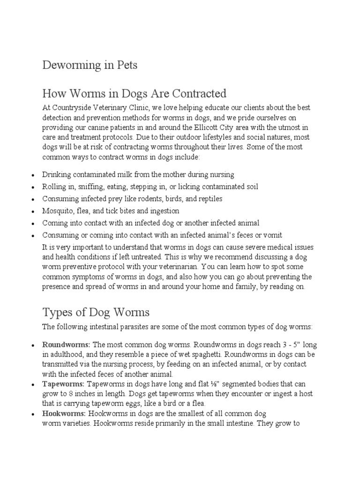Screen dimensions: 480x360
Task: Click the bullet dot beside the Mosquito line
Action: (x=32, y=211)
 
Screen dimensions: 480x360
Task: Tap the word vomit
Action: (x=273, y=235)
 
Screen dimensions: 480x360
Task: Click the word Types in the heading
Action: (x=57, y=312)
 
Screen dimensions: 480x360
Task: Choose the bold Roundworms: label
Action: (x=61, y=345)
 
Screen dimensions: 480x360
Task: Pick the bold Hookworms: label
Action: (x=64, y=413)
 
